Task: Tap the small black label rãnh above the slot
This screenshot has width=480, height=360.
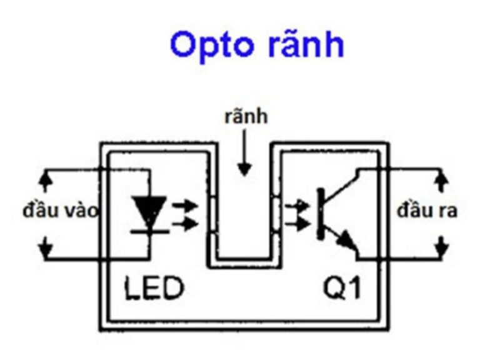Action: [x=246, y=117]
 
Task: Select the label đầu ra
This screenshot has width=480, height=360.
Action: [x=427, y=211]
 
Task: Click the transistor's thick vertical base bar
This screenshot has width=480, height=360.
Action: [x=320, y=212]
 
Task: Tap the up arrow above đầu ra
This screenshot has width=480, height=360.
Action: [x=441, y=181]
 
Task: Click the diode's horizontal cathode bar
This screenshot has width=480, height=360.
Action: [x=149, y=231]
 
